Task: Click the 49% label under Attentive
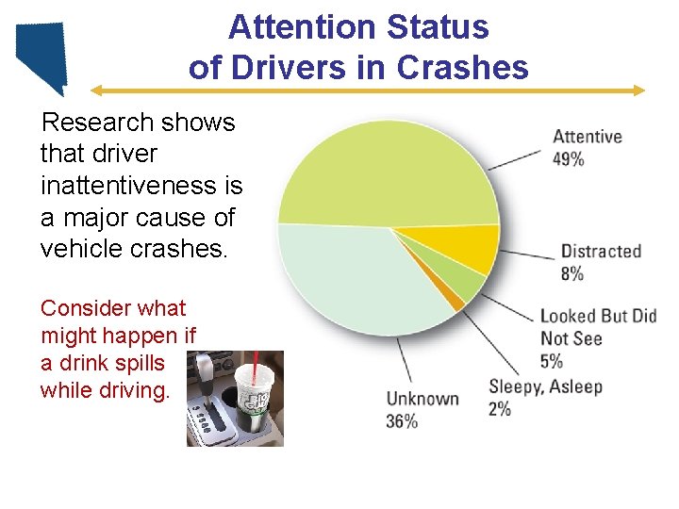[568, 159]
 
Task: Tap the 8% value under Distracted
[571, 273]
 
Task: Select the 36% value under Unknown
[402, 421]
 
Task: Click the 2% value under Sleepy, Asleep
[500, 409]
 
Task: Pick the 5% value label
[552, 360]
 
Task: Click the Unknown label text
[422, 399]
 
